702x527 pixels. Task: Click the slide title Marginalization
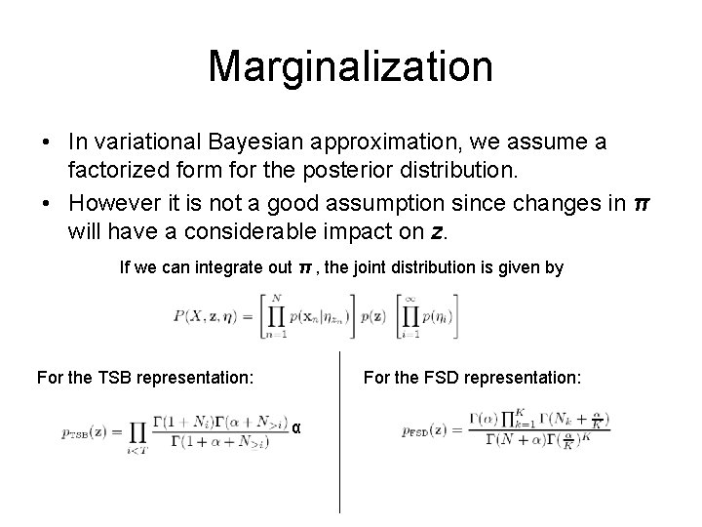350,66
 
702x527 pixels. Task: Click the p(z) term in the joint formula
371,317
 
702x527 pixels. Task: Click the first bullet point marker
47,143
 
